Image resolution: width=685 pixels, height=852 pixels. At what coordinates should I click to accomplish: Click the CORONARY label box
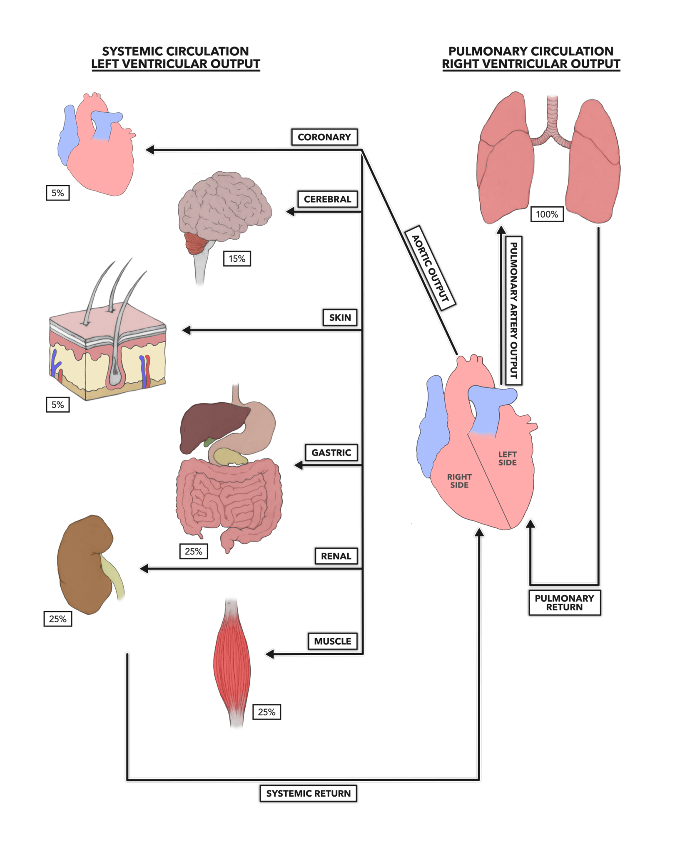point(324,137)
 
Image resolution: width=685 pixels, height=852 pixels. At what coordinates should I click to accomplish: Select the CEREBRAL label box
point(327,199)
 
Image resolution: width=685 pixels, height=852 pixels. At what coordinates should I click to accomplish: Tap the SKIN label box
point(340,317)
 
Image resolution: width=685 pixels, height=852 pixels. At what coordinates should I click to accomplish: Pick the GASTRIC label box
point(331,452)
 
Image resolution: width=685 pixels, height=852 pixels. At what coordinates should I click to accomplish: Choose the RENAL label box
point(336,556)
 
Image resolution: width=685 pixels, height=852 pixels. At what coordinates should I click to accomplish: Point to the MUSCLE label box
point(332,641)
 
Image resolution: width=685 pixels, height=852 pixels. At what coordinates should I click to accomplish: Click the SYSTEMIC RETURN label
point(308,793)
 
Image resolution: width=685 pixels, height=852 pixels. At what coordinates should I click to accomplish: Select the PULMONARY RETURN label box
point(564,602)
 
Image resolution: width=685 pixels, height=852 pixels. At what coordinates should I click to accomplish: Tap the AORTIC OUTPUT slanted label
point(430,268)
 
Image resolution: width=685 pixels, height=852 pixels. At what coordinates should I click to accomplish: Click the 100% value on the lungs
point(547,214)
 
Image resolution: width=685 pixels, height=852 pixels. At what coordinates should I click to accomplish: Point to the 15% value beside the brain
point(237,259)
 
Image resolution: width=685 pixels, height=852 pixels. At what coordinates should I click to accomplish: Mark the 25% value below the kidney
point(57,619)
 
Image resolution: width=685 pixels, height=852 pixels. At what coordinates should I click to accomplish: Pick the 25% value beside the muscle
point(267,712)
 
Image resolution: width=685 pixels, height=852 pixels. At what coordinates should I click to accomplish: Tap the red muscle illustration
point(232,661)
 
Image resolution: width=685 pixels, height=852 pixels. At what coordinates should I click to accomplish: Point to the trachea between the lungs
point(552,116)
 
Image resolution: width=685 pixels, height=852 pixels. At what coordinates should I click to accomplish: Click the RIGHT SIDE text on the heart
point(459,481)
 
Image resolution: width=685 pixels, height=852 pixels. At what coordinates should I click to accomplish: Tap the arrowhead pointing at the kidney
point(144,568)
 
